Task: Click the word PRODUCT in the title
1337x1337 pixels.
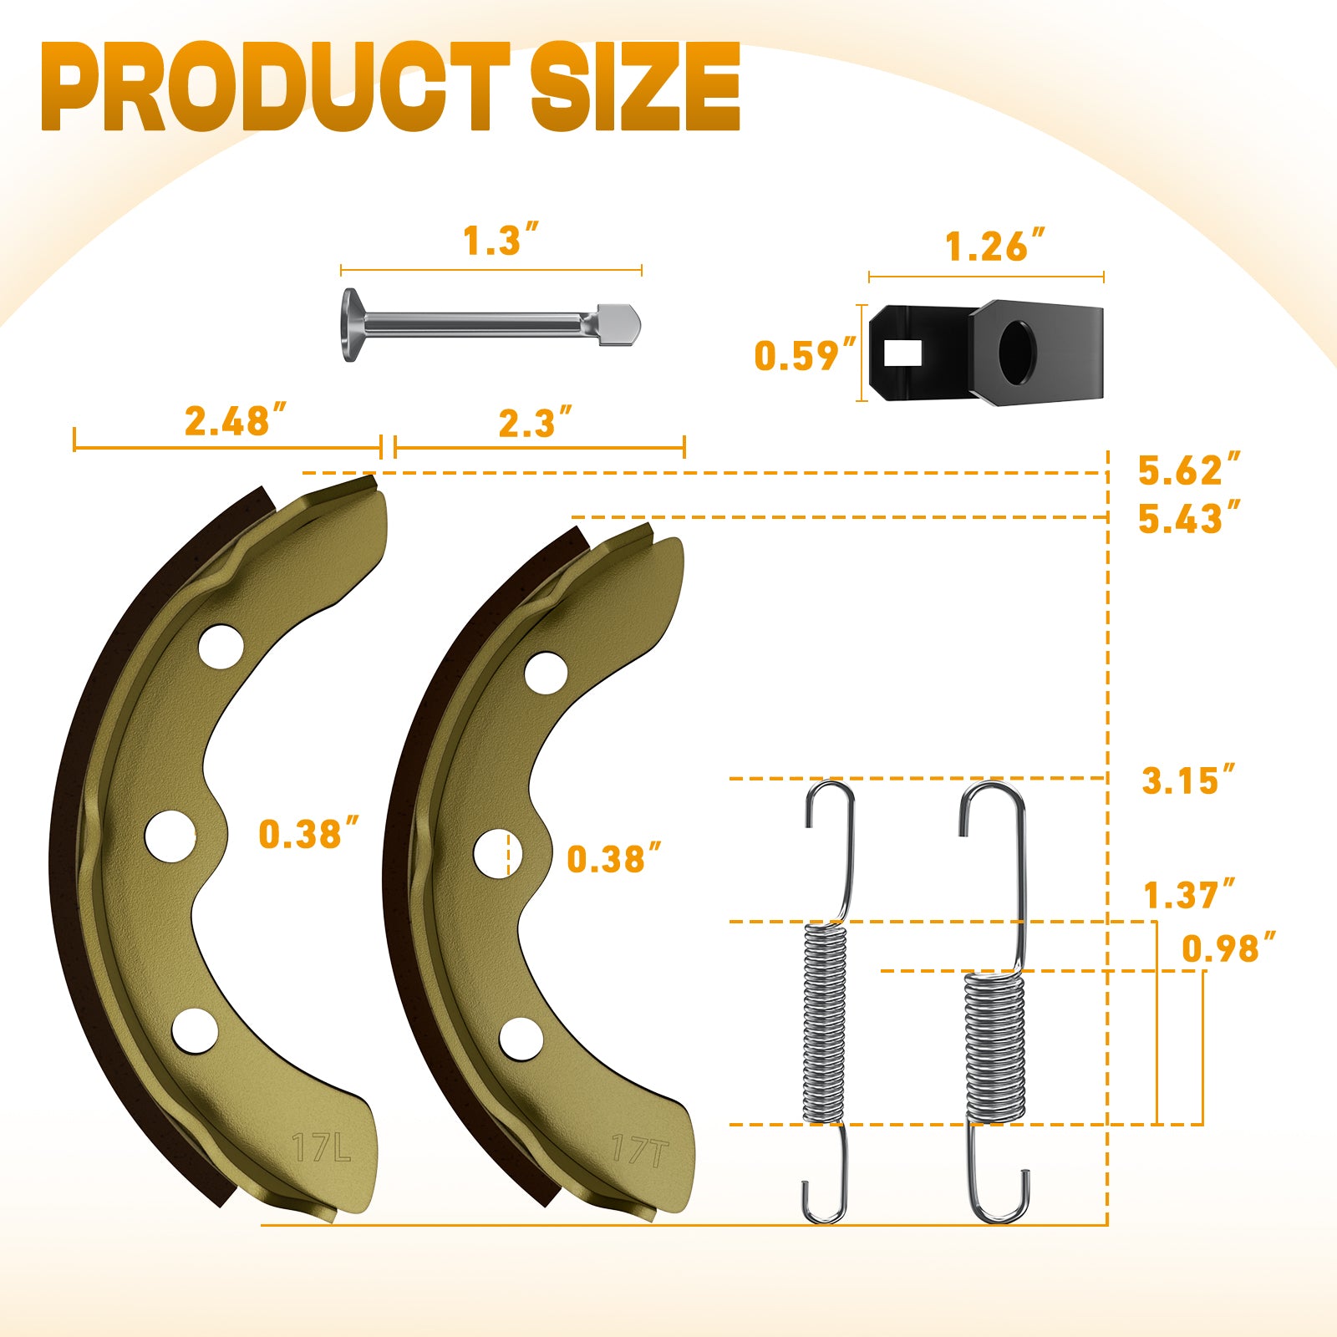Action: pos(276,88)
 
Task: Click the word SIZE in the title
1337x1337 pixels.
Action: pos(635,88)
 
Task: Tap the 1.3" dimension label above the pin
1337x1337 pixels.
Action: pos(500,241)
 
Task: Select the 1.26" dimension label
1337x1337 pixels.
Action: pos(994,247)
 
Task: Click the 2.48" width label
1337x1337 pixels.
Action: pos(235,420)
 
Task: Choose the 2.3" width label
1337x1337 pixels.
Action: pos(535,423)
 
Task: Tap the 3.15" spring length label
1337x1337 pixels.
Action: pos(1187,781)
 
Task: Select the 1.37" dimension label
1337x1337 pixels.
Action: pos(1187,896)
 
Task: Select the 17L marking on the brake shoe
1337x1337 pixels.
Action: pos(322,1148)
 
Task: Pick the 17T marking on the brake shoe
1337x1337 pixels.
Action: pos(639,1151)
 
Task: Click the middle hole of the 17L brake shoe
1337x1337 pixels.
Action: pos(170,835)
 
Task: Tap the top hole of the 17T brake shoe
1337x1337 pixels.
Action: pos(546,673)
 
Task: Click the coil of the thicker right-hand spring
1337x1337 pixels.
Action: pos(994,1046)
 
